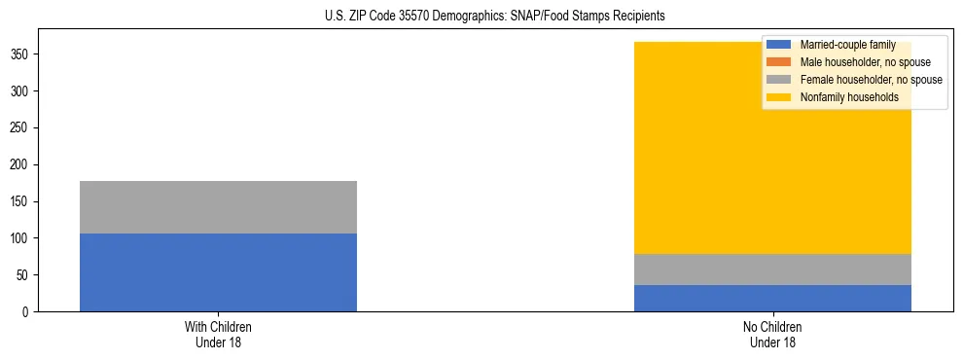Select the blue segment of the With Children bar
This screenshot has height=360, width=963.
(x=218, y=272)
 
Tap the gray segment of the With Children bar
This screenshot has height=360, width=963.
(x=218, y=207)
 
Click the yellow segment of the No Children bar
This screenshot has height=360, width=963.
(x=681, y=165)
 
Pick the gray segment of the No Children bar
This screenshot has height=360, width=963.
(x=772, y=270)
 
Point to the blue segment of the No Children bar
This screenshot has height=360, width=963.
(x=772, y=299)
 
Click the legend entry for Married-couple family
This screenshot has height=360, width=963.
(x=843, y=45)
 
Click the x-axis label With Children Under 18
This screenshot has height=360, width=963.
(x=218, y=334)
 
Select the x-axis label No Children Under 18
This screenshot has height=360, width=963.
(x=772, y=334)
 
